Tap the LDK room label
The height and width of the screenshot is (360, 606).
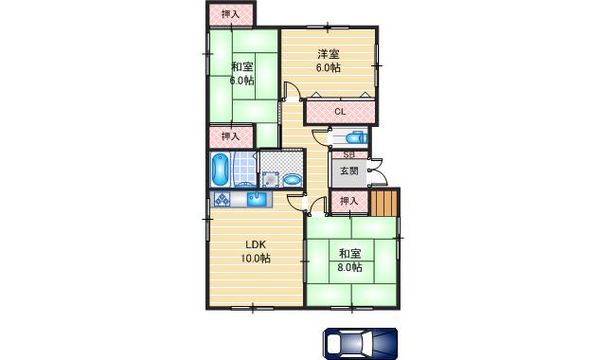click(255, 243)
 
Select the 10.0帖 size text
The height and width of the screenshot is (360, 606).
click(255, 258)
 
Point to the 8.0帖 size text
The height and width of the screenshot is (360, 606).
click(349, 267)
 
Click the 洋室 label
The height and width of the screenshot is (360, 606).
click(328, 54)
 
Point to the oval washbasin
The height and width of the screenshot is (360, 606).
click(292, 178)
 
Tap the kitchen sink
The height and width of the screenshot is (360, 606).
click(257, 200)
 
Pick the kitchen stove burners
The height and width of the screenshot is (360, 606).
click(223, 200)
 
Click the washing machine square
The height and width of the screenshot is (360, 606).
click(269, 177)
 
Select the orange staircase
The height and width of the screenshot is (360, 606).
click(383, 203)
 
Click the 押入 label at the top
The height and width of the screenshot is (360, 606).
click(230, 13)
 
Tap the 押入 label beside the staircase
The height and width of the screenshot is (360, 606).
click(348, 201)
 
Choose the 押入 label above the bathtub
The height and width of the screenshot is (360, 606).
click(230, 136)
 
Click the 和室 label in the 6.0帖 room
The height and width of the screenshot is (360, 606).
click(241, 66)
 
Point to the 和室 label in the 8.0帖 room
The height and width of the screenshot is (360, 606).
click(349, 253)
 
